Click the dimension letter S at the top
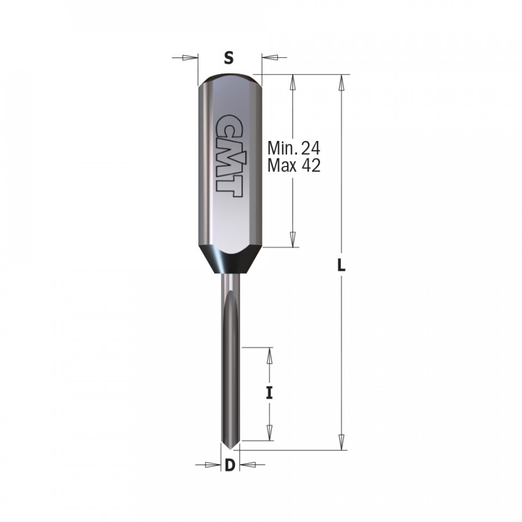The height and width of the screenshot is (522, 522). tap(229, 57)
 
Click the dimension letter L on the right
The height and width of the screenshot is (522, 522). tap(342, 266)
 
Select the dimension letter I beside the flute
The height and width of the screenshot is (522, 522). tap(269, 393)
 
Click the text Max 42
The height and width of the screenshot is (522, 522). tap(294, 166)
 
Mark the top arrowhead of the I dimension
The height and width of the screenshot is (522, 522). tap(269, 356)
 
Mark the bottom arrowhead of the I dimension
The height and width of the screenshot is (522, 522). tap(269, 432)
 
